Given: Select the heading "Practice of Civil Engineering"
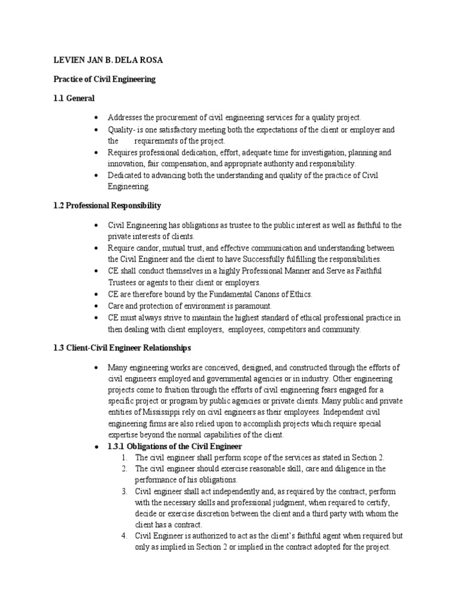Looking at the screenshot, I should coord(104,79).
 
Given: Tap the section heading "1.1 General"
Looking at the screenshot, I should coord(74,98).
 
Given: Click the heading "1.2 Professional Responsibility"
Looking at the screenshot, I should coord(107,206).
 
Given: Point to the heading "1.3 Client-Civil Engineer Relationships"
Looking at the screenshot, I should coord(123,347).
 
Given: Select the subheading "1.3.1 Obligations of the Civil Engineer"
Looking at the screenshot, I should coord(174,446).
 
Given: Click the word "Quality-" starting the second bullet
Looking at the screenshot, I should coord(121,129).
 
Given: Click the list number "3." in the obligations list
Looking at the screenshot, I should coord(124,491).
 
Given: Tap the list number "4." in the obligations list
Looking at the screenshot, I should coord(124,536).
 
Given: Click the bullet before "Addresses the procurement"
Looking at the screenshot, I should coord(97,118).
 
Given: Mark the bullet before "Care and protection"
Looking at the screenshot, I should coord(97,306).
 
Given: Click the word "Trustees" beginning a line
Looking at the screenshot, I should coord(122,282).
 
